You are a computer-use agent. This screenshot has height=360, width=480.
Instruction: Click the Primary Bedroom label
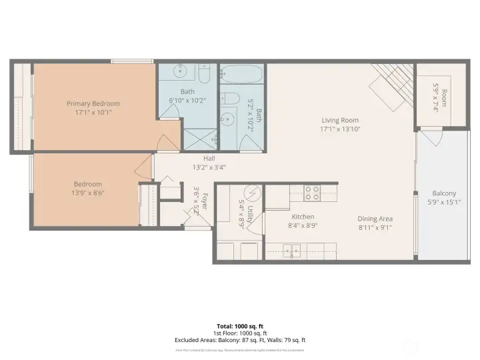point(93,103)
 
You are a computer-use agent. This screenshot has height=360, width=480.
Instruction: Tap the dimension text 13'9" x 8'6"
point(89,193)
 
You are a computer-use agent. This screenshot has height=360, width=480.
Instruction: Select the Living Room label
point(340,121)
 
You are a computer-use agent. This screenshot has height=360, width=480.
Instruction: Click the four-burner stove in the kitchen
point(312,193)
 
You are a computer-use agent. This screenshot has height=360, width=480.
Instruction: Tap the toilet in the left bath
point(204,71)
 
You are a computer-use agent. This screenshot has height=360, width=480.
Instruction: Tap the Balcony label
point(444,193)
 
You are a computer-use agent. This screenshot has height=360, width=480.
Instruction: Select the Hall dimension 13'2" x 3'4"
point(209,167)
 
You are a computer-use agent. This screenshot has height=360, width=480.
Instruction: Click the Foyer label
point(205,200)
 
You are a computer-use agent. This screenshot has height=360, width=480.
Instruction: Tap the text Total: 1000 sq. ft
point(240,326)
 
